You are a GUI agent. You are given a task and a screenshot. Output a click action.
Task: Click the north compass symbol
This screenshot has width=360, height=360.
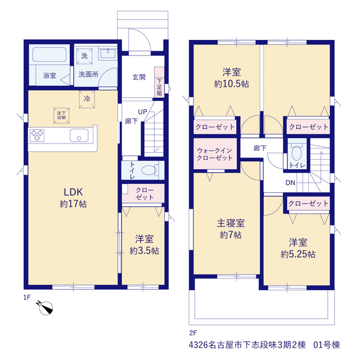(x=46, y=308)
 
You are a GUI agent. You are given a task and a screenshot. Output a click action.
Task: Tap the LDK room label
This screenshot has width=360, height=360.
(x=73, y=192)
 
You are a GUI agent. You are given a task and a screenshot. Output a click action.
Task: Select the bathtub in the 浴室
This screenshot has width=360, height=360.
(x=49, y=55)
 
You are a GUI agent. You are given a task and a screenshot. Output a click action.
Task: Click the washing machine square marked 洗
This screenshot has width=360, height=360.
(x=84, y=56)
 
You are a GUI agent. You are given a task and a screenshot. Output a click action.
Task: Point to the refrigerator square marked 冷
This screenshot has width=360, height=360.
(x=87, y=99)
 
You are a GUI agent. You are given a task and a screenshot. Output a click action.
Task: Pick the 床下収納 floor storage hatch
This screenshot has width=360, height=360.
(x=61, y=115)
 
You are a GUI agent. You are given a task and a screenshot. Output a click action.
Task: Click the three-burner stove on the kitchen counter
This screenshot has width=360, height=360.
(x=37, y=135)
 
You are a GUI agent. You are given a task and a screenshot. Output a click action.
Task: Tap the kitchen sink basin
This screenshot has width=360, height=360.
(x=79, y=135)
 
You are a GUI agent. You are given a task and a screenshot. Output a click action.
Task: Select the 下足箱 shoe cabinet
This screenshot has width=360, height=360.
(x=159, y=82)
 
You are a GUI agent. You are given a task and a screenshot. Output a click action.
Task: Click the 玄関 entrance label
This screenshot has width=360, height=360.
(x=139, y=77)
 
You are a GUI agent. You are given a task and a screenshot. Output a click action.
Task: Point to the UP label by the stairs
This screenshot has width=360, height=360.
(x=142, y=112)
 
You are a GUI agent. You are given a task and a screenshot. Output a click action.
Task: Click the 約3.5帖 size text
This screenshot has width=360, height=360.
(x=144, y=251)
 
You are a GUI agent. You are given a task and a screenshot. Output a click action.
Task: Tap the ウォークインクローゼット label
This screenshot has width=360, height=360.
(x=215, y=154)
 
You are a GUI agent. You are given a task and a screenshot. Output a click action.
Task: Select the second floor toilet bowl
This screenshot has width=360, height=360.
(x=297, y=152)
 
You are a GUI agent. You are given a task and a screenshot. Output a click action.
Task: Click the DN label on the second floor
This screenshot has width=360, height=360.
(x=290, y=183)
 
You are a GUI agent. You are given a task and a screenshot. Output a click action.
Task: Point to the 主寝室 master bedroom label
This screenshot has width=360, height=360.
(x=231, y=223)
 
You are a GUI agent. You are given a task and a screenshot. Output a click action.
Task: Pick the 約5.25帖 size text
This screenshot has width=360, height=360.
(x=298, y=254)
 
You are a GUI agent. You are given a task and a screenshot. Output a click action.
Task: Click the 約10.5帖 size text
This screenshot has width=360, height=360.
(x=231, y=84)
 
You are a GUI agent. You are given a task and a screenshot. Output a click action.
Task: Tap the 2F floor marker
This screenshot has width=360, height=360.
(x=193, y=332)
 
